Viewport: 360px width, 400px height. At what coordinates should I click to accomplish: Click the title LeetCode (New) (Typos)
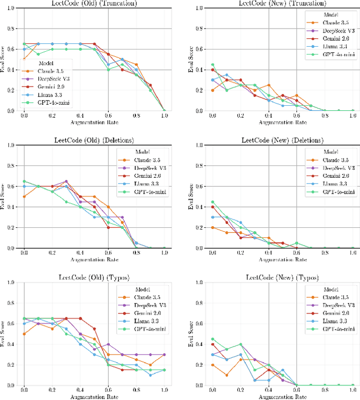coord(282,278)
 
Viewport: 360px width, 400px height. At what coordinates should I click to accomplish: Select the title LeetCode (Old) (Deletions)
coord(94,140)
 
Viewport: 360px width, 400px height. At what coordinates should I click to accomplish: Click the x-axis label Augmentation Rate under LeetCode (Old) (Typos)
coord(94,397)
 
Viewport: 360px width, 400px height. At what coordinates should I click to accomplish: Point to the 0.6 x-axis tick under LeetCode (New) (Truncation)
coord(296,115)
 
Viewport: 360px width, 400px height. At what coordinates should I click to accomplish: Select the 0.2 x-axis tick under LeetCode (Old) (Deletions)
coord(52,253)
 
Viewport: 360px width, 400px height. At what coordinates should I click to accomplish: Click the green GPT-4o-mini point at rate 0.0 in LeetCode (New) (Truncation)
coord(212,65)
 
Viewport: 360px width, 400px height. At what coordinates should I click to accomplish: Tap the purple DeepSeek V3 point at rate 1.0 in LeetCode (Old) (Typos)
coord(164,354)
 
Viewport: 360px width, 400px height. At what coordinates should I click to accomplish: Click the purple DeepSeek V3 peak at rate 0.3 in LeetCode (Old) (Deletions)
coord(66,181)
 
